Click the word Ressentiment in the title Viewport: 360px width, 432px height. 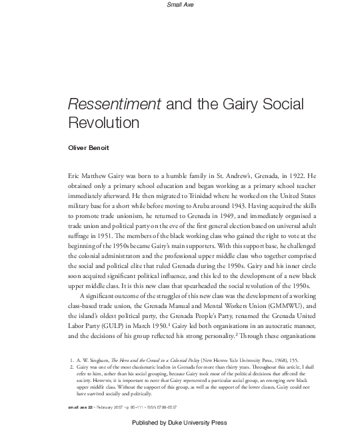[x=109, y=105]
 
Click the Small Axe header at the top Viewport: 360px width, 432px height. [x=180, y=5]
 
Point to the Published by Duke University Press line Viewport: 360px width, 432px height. [x=180, y=423]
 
